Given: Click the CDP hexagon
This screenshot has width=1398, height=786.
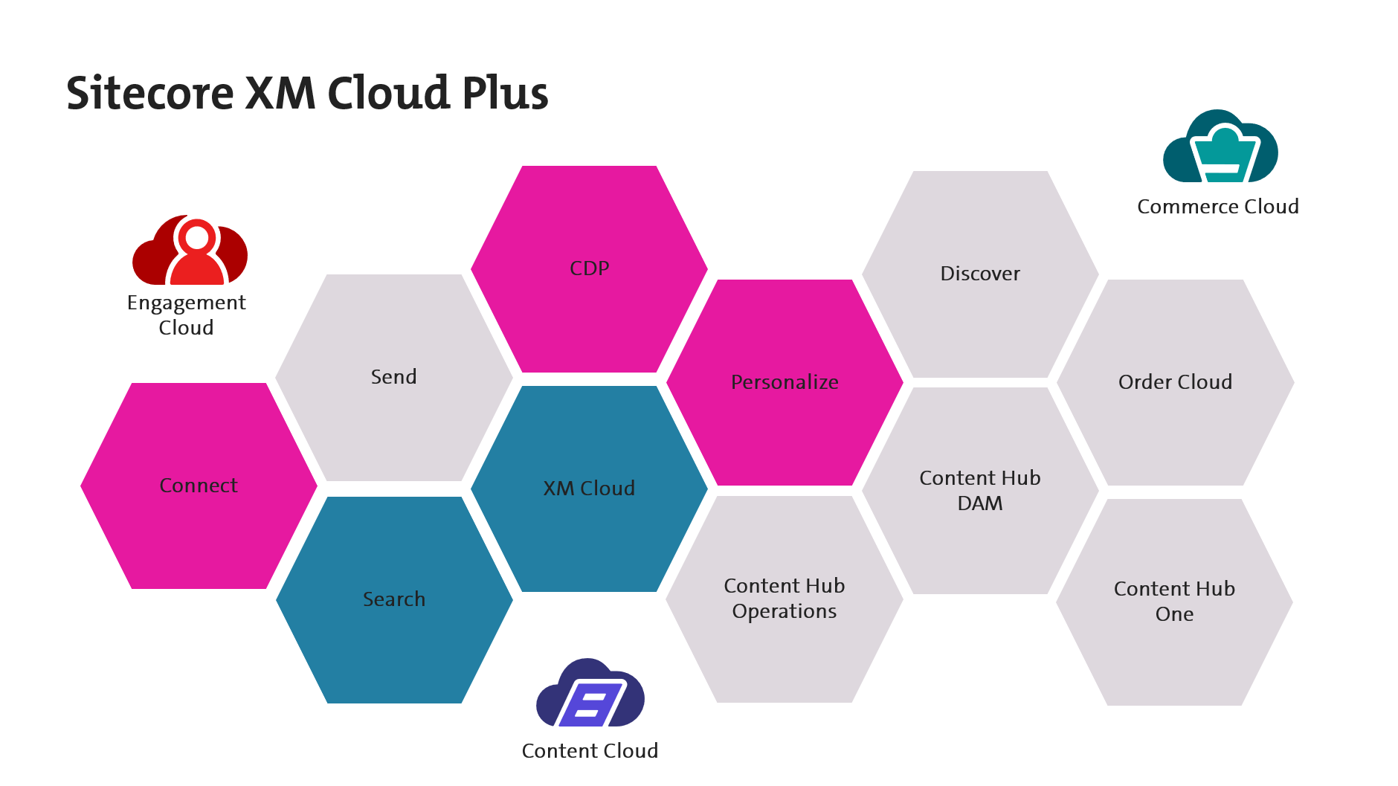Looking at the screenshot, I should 589,269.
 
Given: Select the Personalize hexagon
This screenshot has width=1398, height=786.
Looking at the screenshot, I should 785,382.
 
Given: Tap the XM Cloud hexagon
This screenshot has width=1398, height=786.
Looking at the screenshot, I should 589,489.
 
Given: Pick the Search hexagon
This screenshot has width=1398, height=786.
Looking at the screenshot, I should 394,599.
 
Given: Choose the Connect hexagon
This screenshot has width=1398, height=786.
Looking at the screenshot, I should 199,486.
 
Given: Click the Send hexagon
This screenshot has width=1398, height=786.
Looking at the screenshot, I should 393,377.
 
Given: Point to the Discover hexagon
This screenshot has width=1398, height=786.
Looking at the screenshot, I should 980,274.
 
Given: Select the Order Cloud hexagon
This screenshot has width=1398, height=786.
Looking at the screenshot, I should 1175,382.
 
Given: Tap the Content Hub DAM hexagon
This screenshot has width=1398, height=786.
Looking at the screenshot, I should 980,491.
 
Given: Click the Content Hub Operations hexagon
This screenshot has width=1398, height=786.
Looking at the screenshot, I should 785,599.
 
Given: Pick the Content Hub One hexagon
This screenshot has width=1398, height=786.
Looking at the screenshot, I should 1174,602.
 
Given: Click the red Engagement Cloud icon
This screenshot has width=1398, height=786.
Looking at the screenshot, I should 190,251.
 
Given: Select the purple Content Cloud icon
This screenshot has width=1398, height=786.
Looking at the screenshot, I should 590,694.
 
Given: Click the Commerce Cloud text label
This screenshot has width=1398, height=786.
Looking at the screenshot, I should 1217,207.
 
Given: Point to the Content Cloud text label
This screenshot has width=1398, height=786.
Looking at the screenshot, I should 590,751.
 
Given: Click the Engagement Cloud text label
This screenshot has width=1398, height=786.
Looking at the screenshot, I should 186,315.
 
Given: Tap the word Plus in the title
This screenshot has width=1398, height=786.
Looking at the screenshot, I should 505,94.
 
